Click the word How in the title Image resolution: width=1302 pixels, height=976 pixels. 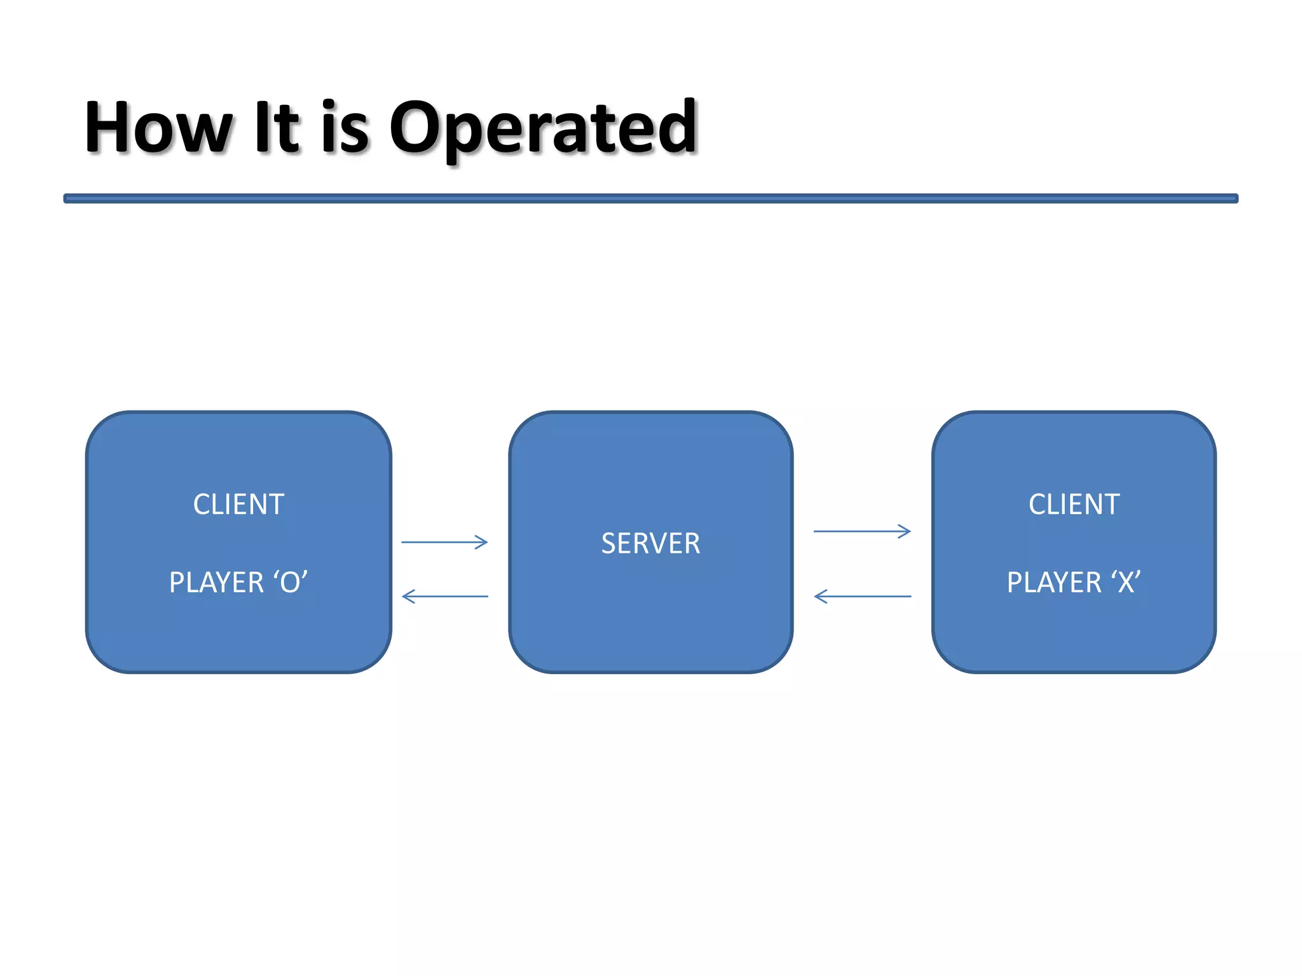click(x=159, y=128)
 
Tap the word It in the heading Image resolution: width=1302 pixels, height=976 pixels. click(x=275, y=128)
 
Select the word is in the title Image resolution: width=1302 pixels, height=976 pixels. click(x=345, y=128)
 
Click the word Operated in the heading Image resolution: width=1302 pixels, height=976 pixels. click(x=544, y=128)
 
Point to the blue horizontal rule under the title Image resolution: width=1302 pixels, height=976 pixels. click(x=650, y=199)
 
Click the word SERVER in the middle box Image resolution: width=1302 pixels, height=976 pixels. click(x=650, y=544)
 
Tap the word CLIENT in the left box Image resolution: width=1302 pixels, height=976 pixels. click(x=238, y=505)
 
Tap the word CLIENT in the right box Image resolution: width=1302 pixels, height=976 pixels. click(x=1074, y=505)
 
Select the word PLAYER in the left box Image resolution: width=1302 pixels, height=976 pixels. click(x=216, y=583)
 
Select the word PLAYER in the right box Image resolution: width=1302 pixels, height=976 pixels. click(x=1053, y=583)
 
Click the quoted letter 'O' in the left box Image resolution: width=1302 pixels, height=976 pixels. click(x=291, y=583)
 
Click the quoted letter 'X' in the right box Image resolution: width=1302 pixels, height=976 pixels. click(x=1126, y=583)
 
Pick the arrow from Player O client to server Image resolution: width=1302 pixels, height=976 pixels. click(x=444, y=542)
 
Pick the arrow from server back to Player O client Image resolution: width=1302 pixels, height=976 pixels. click(x=445, y=596)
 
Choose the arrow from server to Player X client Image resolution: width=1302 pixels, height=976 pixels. click(x=861, y=531)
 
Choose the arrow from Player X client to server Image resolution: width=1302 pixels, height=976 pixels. click(x=863, y=596)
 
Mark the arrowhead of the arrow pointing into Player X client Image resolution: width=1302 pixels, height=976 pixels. click(x=905, y=531)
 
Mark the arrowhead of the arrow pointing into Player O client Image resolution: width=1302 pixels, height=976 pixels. click(x=409, y=596)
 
